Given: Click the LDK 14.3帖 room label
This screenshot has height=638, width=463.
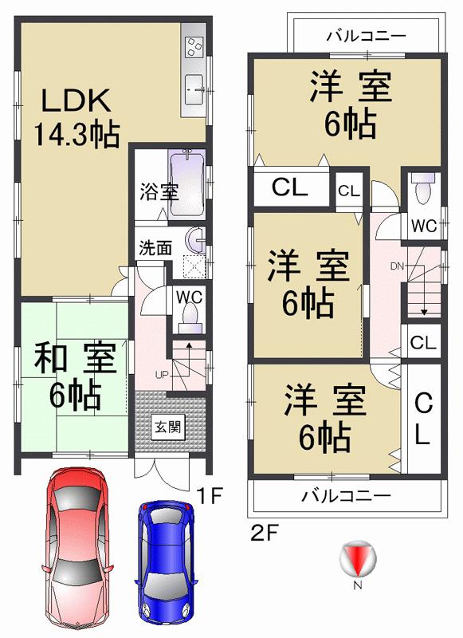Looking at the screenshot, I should [x=77, y=119].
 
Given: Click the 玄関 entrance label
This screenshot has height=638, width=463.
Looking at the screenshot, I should [x=167, y=425].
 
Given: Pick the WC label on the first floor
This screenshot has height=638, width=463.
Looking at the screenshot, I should [x=190, y=297].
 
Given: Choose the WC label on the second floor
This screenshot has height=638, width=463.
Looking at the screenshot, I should [x=424, y=226].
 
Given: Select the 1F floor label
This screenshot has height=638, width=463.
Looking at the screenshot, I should [x=209, y=498].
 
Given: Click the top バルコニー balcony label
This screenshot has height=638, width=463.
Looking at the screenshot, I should [x=367, y=35].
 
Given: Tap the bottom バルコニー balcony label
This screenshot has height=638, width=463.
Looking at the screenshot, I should [x=345, y=495].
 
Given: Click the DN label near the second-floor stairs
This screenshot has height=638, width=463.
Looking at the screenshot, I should [x=398, y=266].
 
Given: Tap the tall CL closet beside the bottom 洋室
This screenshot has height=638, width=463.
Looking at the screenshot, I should [x=422, y=421].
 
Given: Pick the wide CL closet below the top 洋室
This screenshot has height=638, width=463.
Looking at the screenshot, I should [x=289, y=188].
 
